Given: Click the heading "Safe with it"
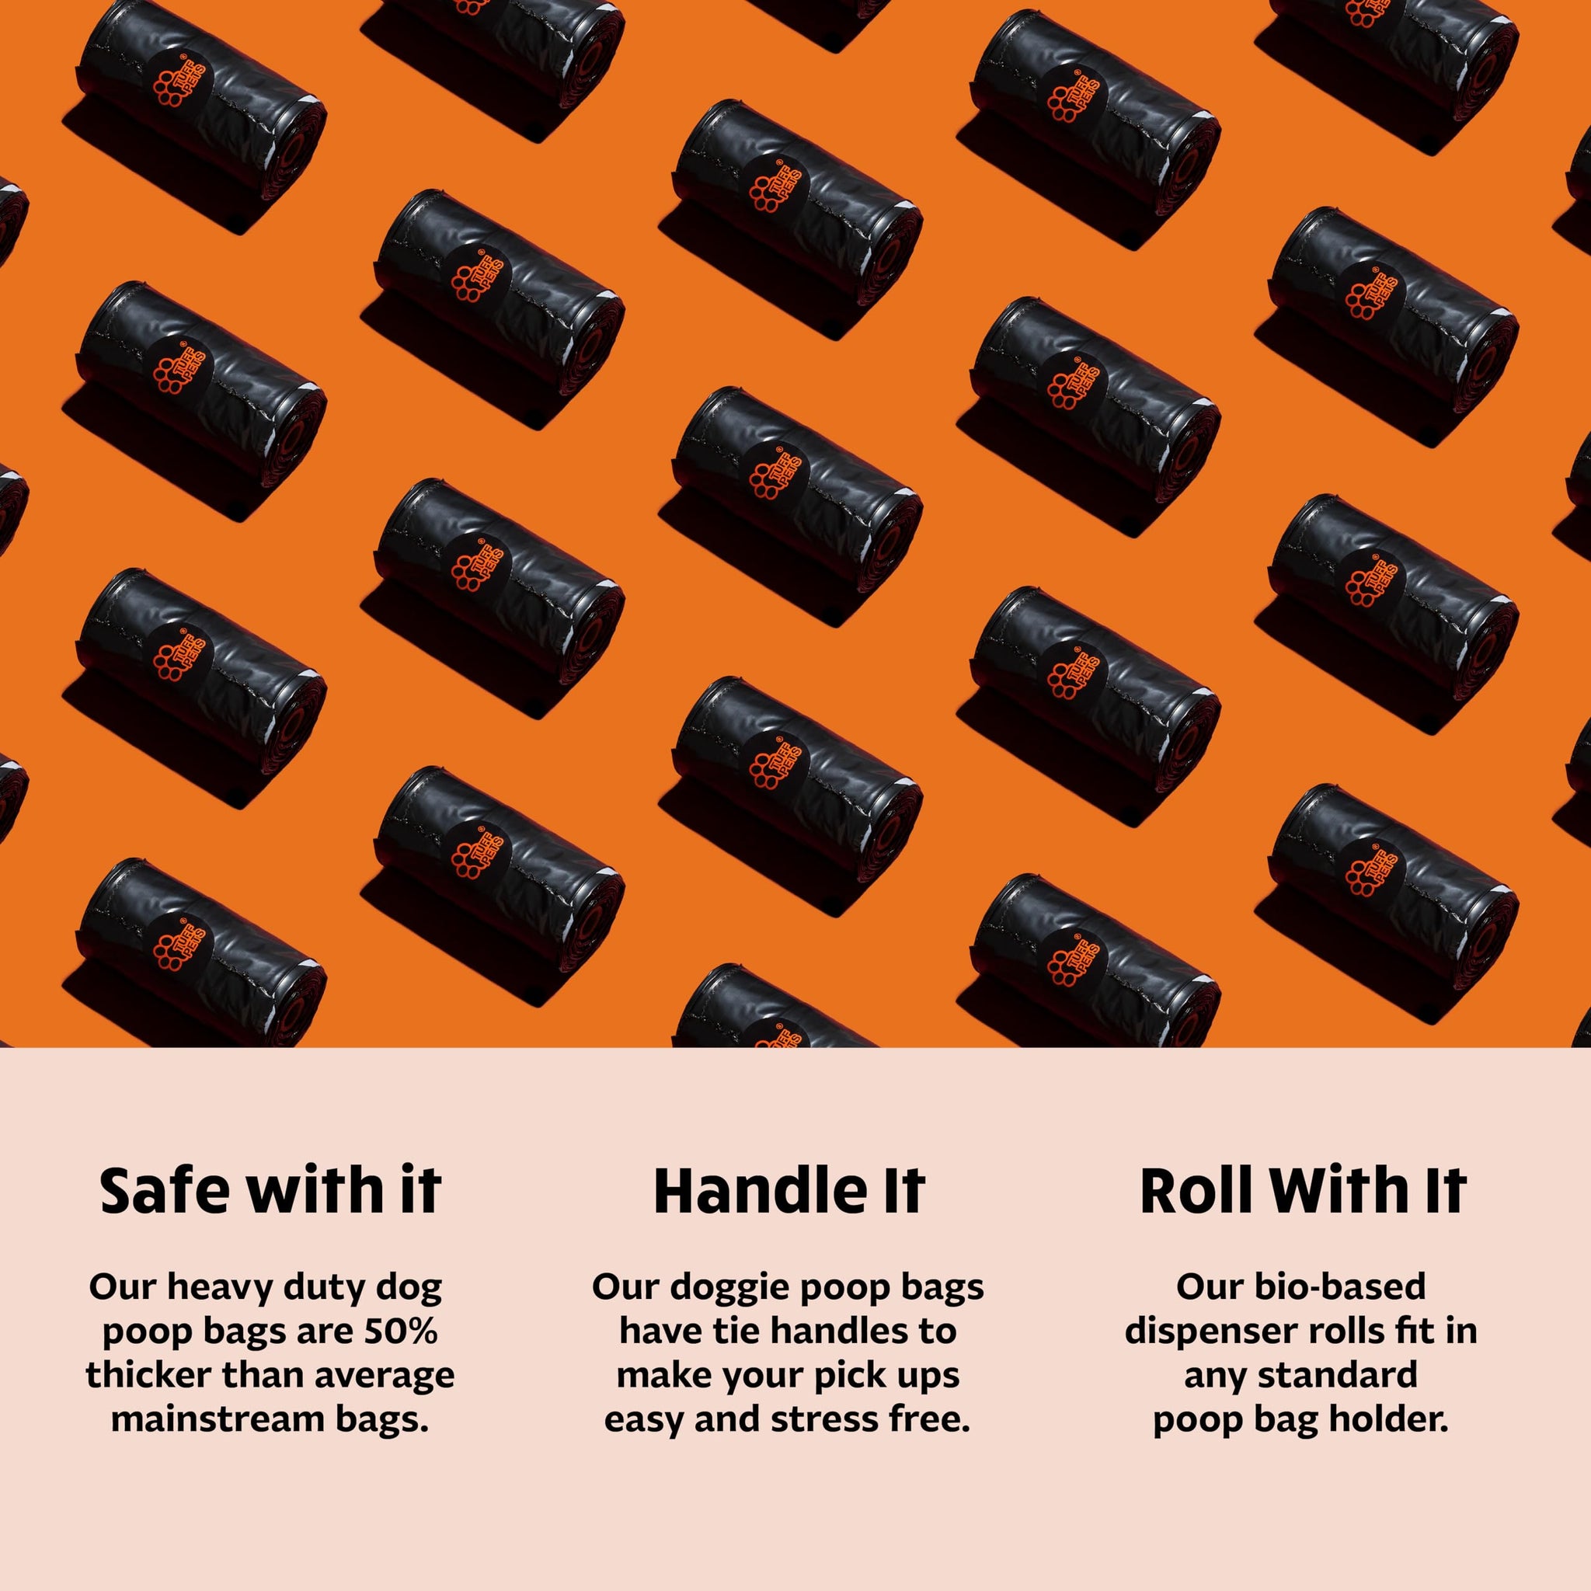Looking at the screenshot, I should click(270, 1192).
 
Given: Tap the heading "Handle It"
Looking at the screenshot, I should click(789, 1192).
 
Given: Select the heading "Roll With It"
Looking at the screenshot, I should click(1303, 1192).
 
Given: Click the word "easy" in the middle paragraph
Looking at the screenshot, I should click(645, 1422).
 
